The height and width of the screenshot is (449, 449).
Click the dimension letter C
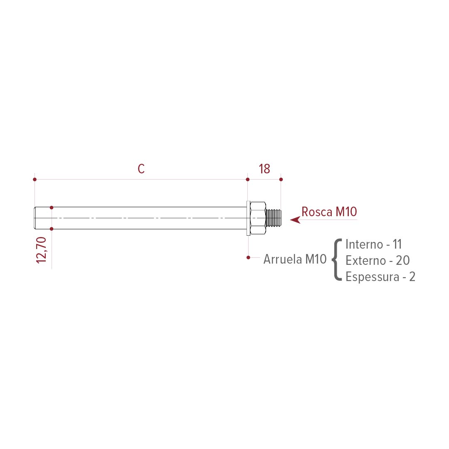coord(141,169)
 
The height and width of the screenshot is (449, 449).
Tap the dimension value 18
coord(264,169)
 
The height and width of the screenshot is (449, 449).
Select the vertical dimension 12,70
coord(42,250)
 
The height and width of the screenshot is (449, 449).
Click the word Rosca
coord(317,212)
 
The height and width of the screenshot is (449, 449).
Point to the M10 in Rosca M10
coord(346,212)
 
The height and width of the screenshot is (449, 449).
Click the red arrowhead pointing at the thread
coord(295,220)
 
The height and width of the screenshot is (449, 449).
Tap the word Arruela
coord(283,259)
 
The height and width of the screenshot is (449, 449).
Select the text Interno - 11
coord(373,244)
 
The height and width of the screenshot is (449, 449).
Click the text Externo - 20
coord(377,260)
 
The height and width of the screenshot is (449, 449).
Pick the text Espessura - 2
coord(380,276)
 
